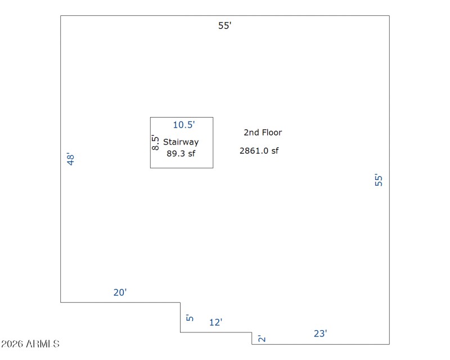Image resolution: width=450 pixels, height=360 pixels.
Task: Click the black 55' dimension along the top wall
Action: tap(224, 25)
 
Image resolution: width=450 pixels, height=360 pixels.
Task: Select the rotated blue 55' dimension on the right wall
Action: tap(379, 179)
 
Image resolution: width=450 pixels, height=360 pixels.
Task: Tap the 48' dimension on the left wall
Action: tap(70, 159)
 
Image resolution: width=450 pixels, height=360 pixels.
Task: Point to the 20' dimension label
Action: tap(120, 292)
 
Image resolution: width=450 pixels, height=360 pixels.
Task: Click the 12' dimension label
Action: tap(216, 322)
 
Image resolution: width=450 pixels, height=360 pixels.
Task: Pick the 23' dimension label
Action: tap(320, 334)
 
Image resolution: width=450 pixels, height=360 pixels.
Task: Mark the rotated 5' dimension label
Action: tap(190, 318)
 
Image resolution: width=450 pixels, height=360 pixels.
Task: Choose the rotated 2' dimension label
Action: tap(262, 338)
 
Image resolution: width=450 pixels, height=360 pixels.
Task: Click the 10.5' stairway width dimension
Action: tap(184, 124)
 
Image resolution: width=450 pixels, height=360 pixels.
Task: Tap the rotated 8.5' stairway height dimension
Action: tap(155, 142)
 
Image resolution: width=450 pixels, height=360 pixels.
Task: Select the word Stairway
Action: tap(181, 142)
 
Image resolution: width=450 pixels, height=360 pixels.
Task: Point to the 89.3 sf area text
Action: tap(181, 154)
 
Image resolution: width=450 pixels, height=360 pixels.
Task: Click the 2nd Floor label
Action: tap(263, 132)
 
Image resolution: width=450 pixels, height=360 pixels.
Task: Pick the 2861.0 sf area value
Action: tap(259, 150)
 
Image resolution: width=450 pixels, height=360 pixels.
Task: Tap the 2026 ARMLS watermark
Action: tap(30, 344)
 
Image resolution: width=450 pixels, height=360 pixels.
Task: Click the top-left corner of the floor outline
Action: tap(61, 16)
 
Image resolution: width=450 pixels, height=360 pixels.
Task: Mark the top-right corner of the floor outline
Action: tap(389, 16)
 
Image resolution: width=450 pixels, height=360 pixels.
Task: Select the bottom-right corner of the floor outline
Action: tap(389, 344)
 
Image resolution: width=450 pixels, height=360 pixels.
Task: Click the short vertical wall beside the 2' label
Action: tap(252, 338)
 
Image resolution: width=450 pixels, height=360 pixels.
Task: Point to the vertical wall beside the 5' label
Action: tap(180, 317)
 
